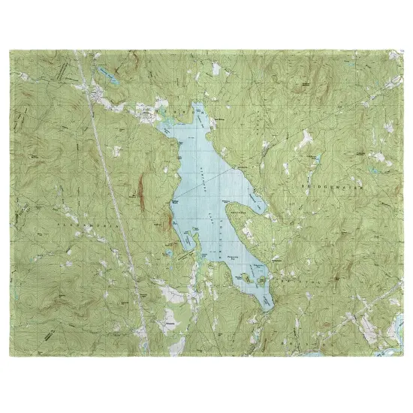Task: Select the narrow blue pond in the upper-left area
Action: tap(110, 76)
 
